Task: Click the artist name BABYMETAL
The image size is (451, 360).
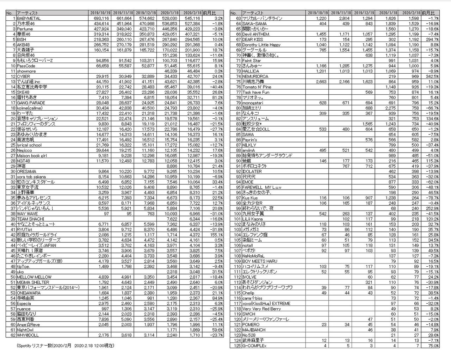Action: [29, 18]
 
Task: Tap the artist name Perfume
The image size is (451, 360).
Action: [25, 29]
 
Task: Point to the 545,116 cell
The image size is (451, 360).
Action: [192, 18]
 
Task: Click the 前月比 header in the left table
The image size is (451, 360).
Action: [208, 13]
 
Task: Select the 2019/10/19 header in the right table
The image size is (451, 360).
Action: [317, 13]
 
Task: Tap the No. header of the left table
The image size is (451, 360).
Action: [10, 13]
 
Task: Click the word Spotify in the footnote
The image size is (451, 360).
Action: [24, 346]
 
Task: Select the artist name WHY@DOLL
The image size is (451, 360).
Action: [28, 335]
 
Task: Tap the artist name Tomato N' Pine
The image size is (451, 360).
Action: [257, 87]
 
